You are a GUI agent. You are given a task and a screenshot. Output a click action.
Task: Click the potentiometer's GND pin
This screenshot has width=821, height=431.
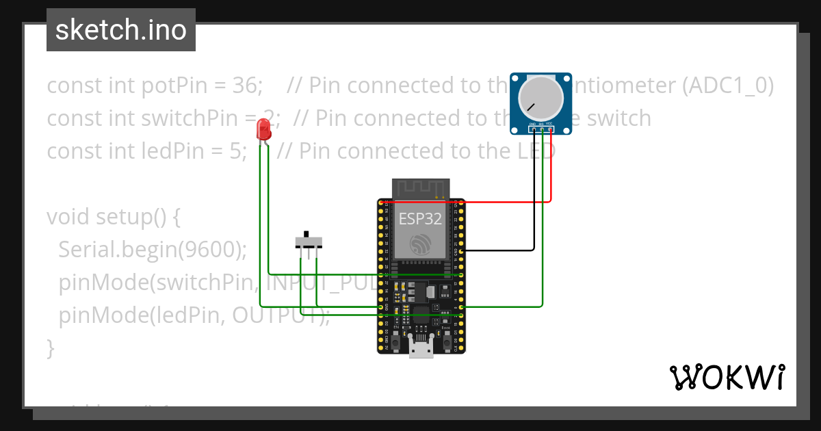pos(533,128)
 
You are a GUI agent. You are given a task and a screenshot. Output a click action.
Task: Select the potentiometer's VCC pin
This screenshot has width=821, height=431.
pos(550,128)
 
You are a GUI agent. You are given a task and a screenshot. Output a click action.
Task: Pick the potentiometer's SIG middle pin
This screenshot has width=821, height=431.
pos(542,128)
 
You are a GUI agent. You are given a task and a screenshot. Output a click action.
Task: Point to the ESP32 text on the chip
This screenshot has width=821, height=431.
pos(420,219)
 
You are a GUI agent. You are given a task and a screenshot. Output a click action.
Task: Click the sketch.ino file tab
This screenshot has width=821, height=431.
pos(121,30)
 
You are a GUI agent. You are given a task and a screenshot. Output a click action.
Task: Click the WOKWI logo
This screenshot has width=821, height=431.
pos(727,377)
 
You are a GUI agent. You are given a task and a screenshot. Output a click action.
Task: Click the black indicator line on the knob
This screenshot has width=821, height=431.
pos(530,107)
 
